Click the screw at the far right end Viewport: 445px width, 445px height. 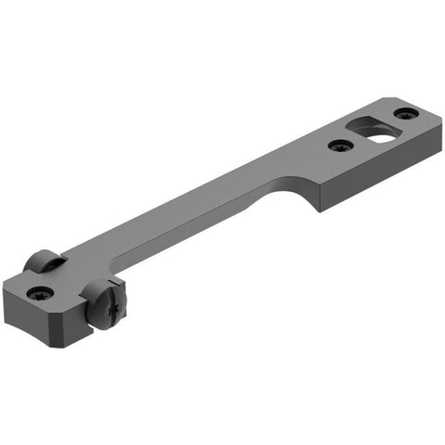pos(406,113)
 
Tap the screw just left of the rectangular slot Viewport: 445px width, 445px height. pos(341,146)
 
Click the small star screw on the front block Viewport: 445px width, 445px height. pos(40,292)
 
